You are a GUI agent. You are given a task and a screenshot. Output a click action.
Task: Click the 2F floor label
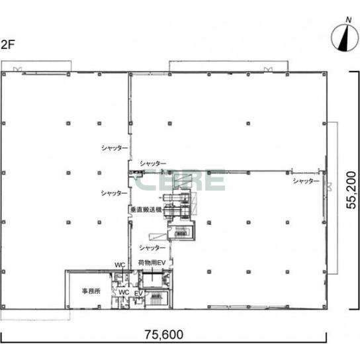point(7,44)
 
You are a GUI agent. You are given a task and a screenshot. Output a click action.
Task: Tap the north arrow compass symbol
point(345,37)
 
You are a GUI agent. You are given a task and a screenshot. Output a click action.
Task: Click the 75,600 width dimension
point(163,334)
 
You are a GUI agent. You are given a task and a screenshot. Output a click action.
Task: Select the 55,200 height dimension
point(351,190)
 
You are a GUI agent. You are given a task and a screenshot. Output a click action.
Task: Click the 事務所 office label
point(91,291)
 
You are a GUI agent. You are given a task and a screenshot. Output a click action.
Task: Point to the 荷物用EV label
point(152,263)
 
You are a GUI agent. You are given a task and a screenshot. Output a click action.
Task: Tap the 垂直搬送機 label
point(146,209)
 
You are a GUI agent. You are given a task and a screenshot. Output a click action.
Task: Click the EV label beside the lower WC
point(139,293)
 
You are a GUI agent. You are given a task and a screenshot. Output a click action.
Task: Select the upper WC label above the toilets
point(120,265)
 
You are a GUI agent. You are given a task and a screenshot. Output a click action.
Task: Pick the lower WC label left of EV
point(124,292)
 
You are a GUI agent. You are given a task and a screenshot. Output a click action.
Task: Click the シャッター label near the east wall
point(306,181)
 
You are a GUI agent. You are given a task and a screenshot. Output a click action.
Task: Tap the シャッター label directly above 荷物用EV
point(152,247)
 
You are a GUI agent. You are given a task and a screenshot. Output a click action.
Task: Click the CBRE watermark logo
point(180,181)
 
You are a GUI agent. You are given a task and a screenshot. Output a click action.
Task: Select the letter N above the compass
point(349,20)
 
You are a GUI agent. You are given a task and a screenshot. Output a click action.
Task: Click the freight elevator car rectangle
point(152,280)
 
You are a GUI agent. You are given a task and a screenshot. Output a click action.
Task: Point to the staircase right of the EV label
point(157,298)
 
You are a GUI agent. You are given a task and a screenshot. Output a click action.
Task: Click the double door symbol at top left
point(17,69)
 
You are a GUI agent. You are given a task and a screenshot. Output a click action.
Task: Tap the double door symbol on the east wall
point(330,187)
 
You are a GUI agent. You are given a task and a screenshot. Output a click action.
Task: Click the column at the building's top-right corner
point(324,74)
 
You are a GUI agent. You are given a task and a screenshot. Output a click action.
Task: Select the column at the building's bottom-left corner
point(3,306)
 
